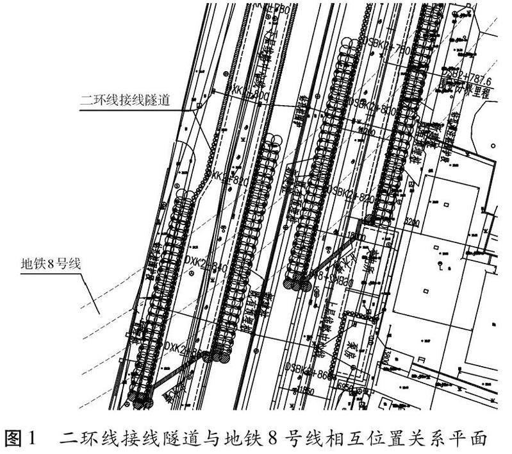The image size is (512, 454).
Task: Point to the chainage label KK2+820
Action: [229, 180]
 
